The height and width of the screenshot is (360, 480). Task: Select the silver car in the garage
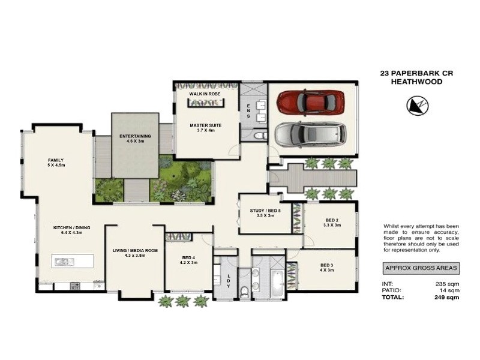click(310, 135)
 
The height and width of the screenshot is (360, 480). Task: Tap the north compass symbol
click(418, 106)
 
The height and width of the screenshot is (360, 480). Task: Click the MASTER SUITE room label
click(206, 126)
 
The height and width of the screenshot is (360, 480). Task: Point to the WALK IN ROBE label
click(205, 95)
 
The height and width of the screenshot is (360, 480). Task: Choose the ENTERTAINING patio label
click(135, 137)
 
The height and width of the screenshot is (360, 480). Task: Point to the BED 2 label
click(332, 222)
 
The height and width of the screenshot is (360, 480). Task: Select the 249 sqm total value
click(447, 297)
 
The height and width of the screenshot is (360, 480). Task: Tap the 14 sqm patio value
click(449, 290)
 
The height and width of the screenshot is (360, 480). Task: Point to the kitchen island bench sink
click(62, 261)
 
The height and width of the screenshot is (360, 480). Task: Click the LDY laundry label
click(229, 281)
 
